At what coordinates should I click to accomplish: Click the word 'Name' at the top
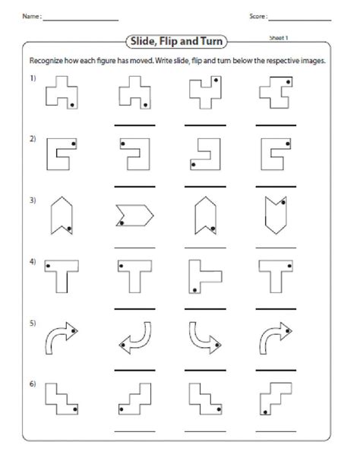click(x=28, y=16)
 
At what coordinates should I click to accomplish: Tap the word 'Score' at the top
click(x=257, y=16)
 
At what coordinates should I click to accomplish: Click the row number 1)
click(x=33, y=80)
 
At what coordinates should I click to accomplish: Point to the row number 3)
click(x=33, y=200)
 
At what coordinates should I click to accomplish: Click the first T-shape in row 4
click(x=58, y=276)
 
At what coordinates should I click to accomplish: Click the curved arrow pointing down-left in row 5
click(x=133, y=339)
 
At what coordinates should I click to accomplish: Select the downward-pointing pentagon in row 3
click(x=273, y=215)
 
